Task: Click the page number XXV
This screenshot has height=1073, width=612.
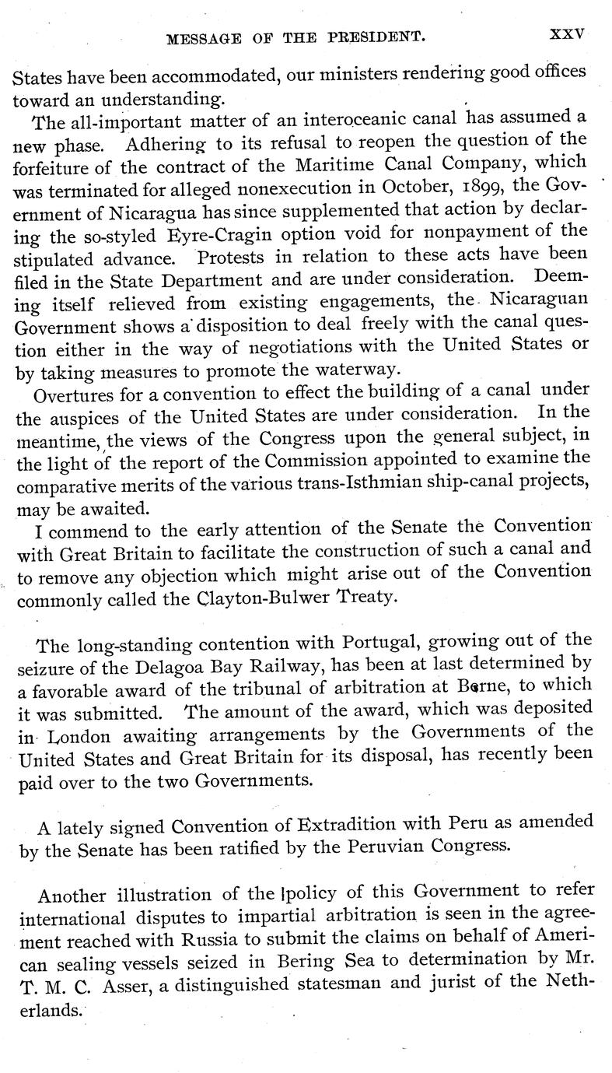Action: click(566, 34)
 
